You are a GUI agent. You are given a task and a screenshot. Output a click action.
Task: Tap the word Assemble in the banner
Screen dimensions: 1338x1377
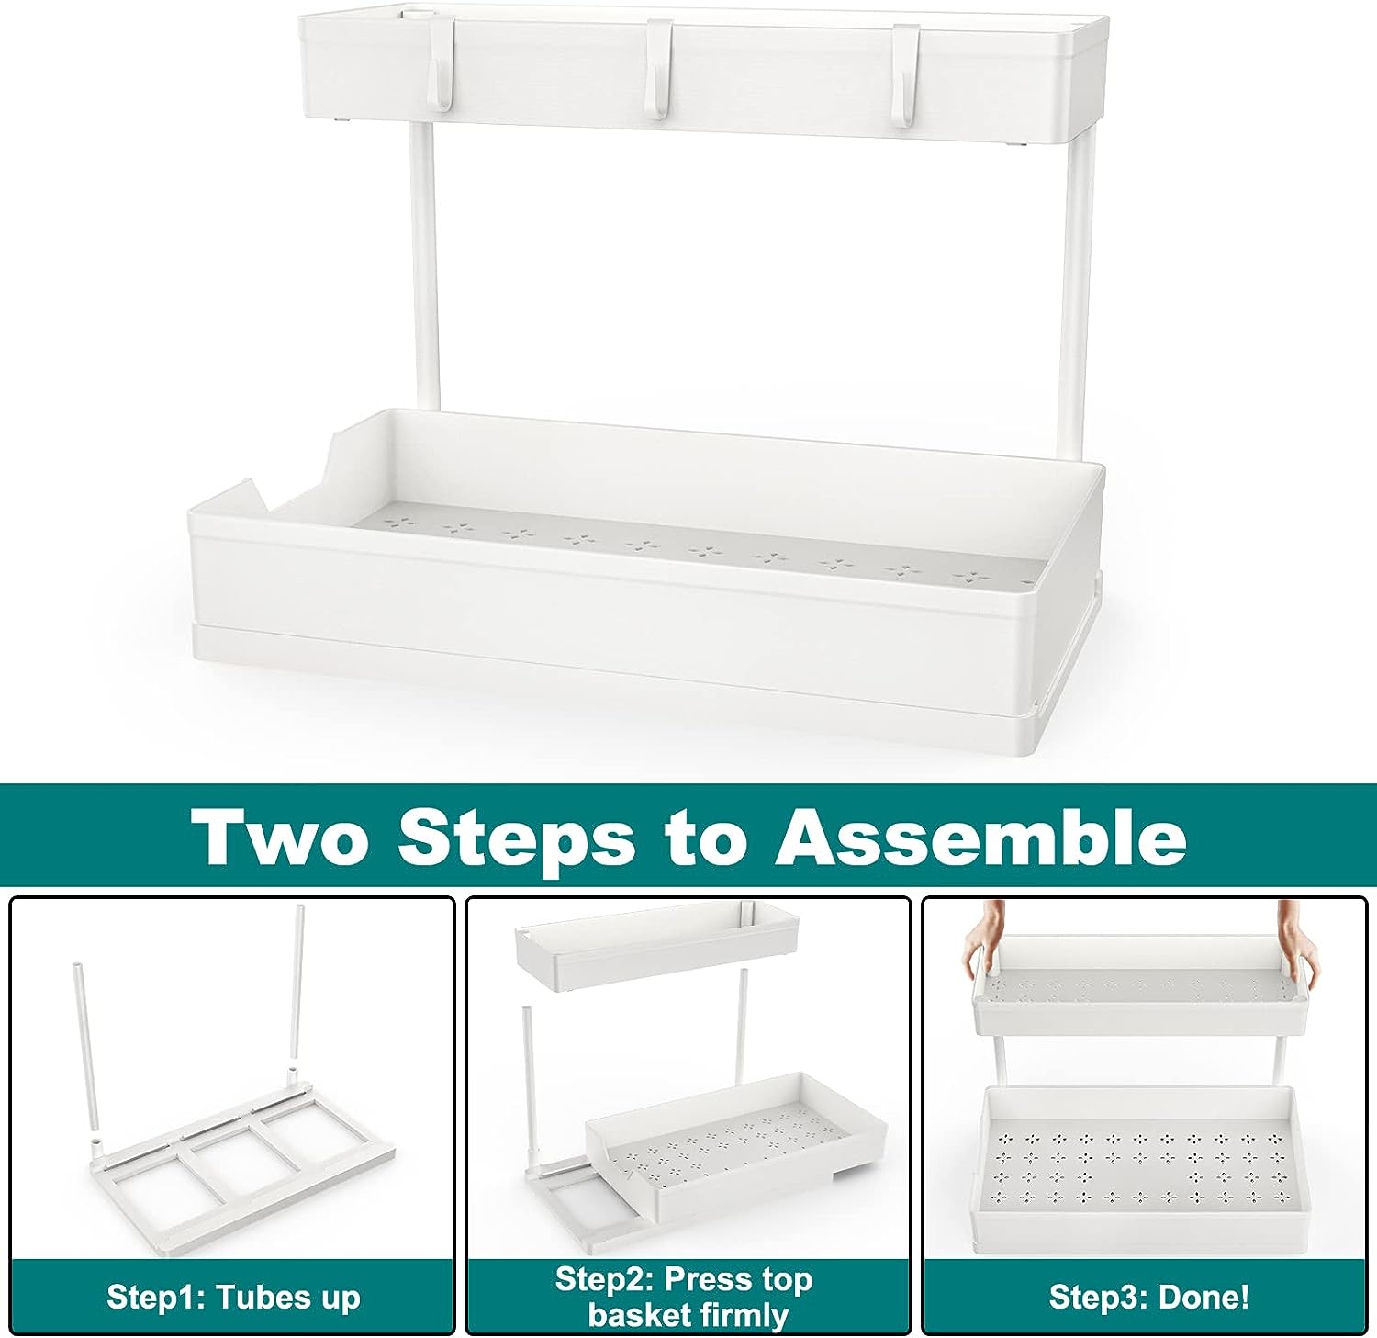pyautogui.click(x=980, y=837)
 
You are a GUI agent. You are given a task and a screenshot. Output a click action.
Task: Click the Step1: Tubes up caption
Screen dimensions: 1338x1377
pyautogui.click(x=233, y=1298)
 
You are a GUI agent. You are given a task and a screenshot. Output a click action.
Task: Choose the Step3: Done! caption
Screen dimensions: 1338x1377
pyautogui.click(x=1148, y=1297)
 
